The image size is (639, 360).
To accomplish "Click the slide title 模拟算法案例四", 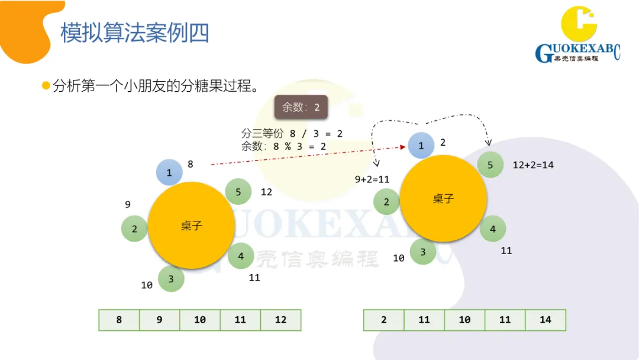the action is tap(135, 33).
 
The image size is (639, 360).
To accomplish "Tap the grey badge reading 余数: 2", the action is tap(301, 107).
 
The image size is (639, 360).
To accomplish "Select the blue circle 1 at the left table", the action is tap(169, 173).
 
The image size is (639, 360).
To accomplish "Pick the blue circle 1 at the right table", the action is tap(421, 145).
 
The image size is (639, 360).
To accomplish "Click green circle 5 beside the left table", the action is tap(238, 192).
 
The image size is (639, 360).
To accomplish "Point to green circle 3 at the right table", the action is tap(422, 252).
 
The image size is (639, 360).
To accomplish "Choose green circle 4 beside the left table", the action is tap(241, 256).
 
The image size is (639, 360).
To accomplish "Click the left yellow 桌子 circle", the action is tap(191, 226).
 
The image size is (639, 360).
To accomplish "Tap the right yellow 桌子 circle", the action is tap(443, 198).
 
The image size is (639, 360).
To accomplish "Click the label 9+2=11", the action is tap(372, 179).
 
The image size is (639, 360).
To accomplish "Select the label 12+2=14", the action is tap(533, 165).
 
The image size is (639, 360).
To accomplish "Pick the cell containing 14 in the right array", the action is tap(545, 320).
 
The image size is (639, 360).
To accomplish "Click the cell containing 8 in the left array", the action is tap(119, 320).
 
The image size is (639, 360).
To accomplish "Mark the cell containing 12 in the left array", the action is tap(280, 320).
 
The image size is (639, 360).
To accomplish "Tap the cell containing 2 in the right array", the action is tap(383, 320).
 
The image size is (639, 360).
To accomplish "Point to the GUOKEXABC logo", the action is tap(577, 36).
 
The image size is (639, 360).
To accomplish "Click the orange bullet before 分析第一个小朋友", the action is tap(46, 86).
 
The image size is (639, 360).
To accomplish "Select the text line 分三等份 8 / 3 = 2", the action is tap(292, 134).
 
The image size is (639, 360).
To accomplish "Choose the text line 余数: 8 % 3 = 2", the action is tap(283, 146).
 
